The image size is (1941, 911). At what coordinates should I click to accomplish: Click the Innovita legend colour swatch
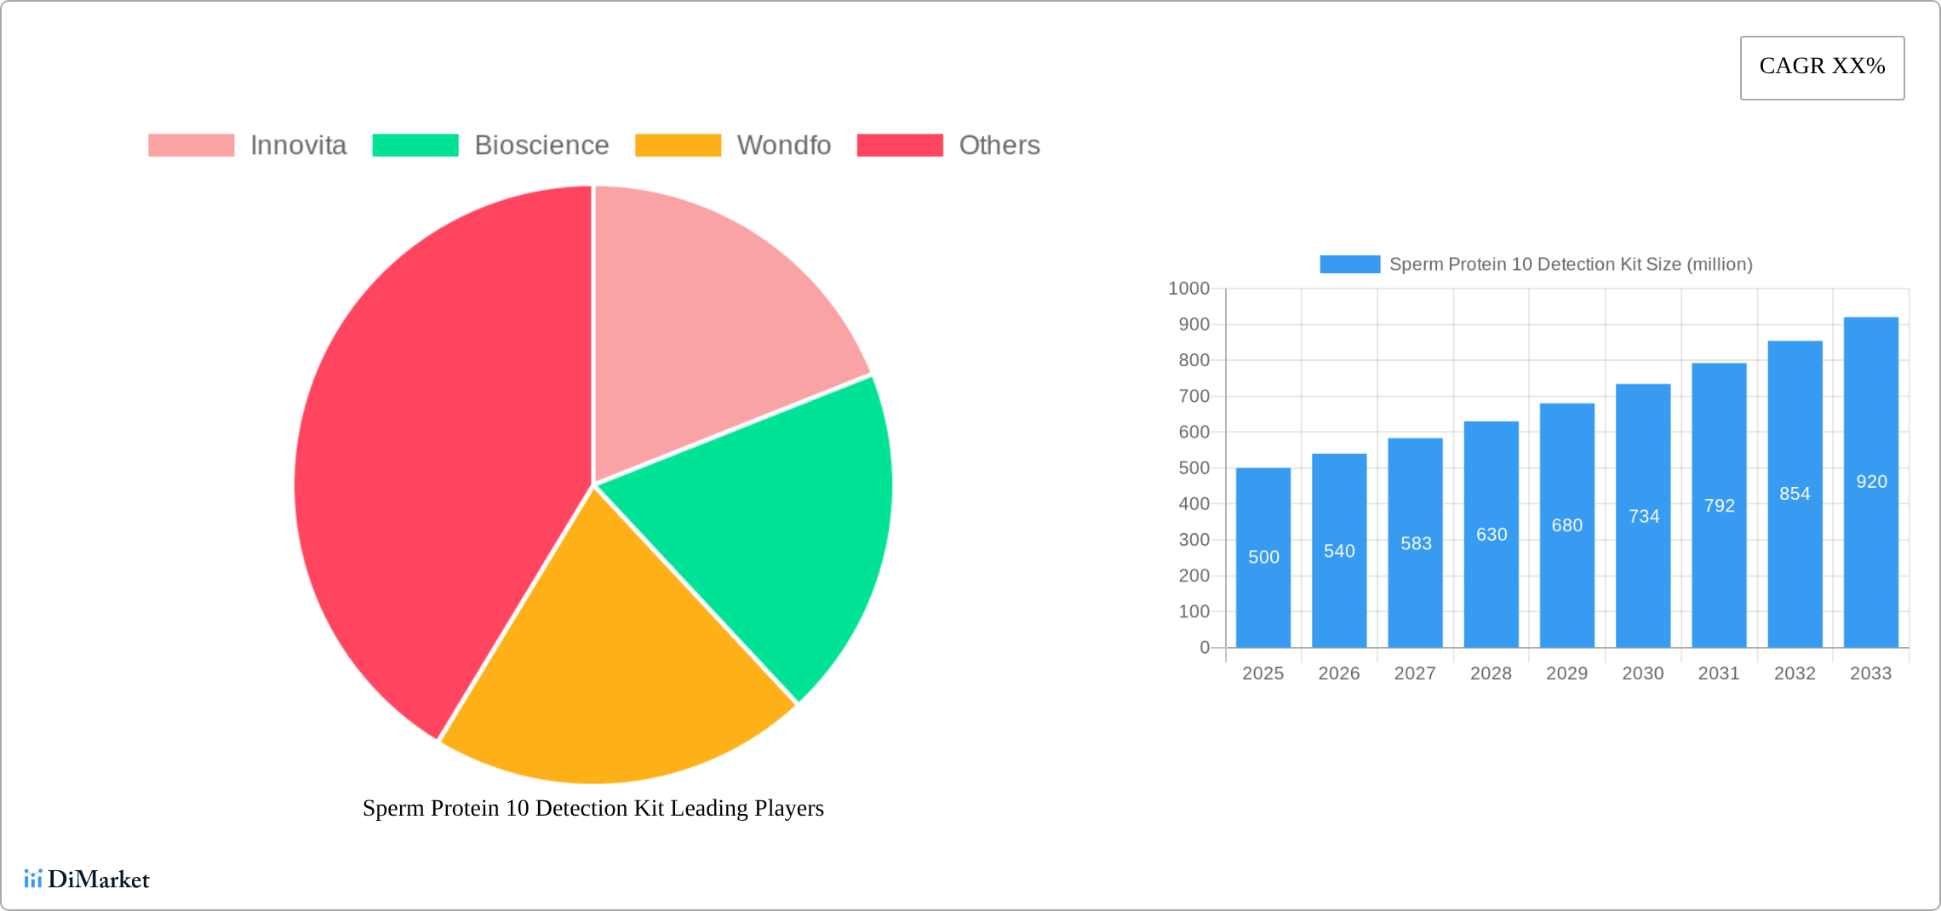[191, 146]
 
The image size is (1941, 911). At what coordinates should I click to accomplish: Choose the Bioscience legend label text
[541, 146]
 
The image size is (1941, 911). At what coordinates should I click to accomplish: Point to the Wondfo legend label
[783, 146]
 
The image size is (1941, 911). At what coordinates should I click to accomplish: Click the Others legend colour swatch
[900, 146]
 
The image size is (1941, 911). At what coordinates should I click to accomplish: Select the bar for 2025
[1263, 596]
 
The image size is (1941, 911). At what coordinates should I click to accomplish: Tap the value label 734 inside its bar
[1644, 517]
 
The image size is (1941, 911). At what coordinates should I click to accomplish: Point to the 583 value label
[1416, 543]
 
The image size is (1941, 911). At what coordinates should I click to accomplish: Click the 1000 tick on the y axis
[1188, 289]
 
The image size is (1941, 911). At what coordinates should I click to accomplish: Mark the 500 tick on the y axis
[1194, 468]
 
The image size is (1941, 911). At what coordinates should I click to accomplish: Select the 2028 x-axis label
[1491, 673]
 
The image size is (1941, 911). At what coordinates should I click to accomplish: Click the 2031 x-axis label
[1719, 673]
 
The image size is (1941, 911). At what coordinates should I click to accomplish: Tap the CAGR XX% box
[1822, 67]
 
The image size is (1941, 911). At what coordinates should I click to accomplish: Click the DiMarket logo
[87, 879]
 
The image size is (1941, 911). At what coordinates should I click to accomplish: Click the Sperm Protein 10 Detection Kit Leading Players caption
[593, 808]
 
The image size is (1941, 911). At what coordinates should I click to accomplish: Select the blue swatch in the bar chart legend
[1349, 264]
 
